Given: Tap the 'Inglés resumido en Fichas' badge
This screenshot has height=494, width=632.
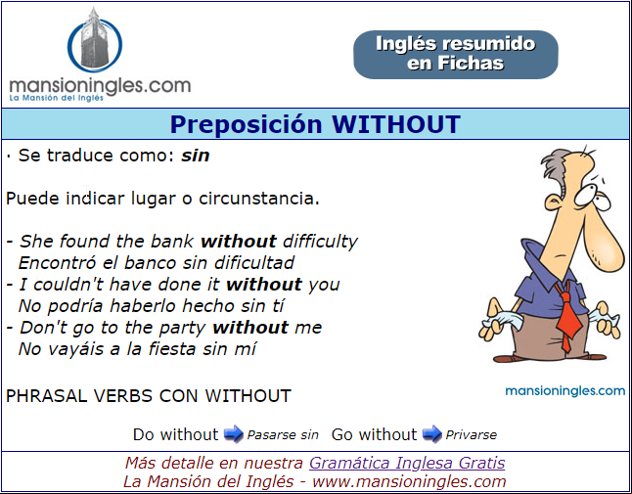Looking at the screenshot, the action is (x=456, y=55).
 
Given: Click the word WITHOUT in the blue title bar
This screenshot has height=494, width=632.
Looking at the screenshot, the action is (x=396, y=123).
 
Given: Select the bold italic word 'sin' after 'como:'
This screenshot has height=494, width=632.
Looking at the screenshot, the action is (x=196, y=156).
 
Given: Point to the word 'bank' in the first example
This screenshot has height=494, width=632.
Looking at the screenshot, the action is (x=172, y=242).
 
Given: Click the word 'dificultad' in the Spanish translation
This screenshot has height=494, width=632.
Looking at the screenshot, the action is (x=254, y=263).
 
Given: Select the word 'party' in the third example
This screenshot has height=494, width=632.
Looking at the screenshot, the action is (x=183, y=328).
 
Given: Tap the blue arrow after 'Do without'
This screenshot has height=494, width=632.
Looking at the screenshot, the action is (x=234, y=434).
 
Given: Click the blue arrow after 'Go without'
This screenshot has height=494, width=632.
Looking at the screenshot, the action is (x=432, y=434).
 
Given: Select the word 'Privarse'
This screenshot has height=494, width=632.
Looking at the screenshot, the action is (x=472, y=435).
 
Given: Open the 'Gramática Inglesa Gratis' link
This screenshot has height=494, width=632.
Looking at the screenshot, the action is (x=407, y=463).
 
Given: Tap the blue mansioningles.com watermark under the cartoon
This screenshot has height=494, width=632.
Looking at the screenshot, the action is (x=565, y=391).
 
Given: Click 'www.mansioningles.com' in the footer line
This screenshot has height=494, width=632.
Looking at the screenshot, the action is (x=409, y=481).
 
